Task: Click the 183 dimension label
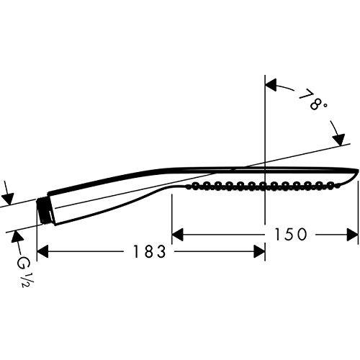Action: coord(149,251)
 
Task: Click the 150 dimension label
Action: coord(290,235)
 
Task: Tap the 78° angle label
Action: coord(312,99)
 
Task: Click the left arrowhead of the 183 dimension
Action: coord(42,251)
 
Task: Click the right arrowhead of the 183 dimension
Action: coord(259,251)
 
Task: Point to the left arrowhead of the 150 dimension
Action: coord(178,235)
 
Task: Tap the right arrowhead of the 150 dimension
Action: coord(352,235)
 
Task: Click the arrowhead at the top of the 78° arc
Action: coord(271,85)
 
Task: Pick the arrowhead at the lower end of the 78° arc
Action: coord(339,140)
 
